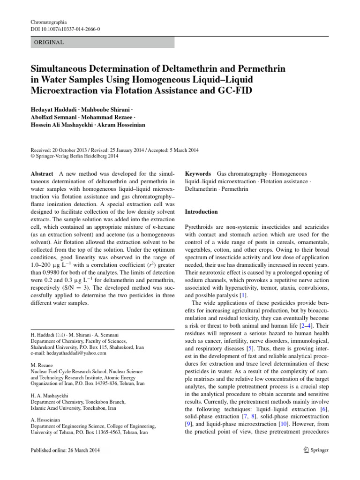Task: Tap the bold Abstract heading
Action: click(x=42, y=173)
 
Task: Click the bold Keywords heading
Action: click(x=198, y=173)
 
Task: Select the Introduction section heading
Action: click(x=202, y=211)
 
